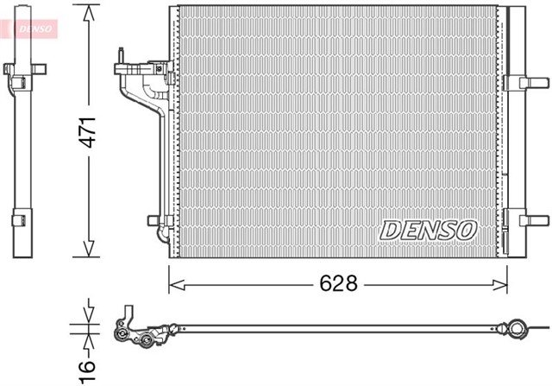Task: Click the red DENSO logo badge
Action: click(29, 28)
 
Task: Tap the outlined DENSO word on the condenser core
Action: click(429, 230)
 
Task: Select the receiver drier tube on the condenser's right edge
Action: click(516, 130)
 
